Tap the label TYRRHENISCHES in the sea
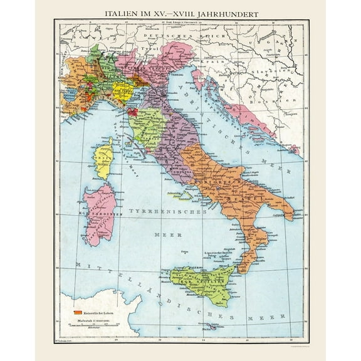169,212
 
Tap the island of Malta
214,326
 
